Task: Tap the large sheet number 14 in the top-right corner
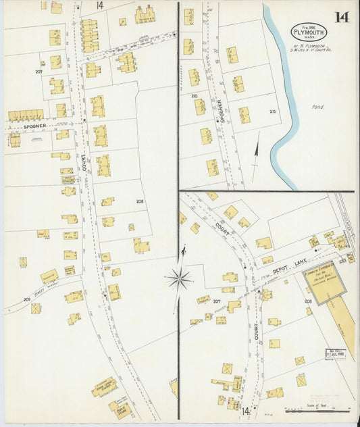pos(342,17)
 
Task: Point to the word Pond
pos(318,106)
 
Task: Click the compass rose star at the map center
pos(179,278)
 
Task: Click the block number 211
pos(273,111)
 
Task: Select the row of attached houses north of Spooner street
pos(26,116)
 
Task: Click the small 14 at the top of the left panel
pos(99,5)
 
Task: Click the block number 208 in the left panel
pos(140,202)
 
